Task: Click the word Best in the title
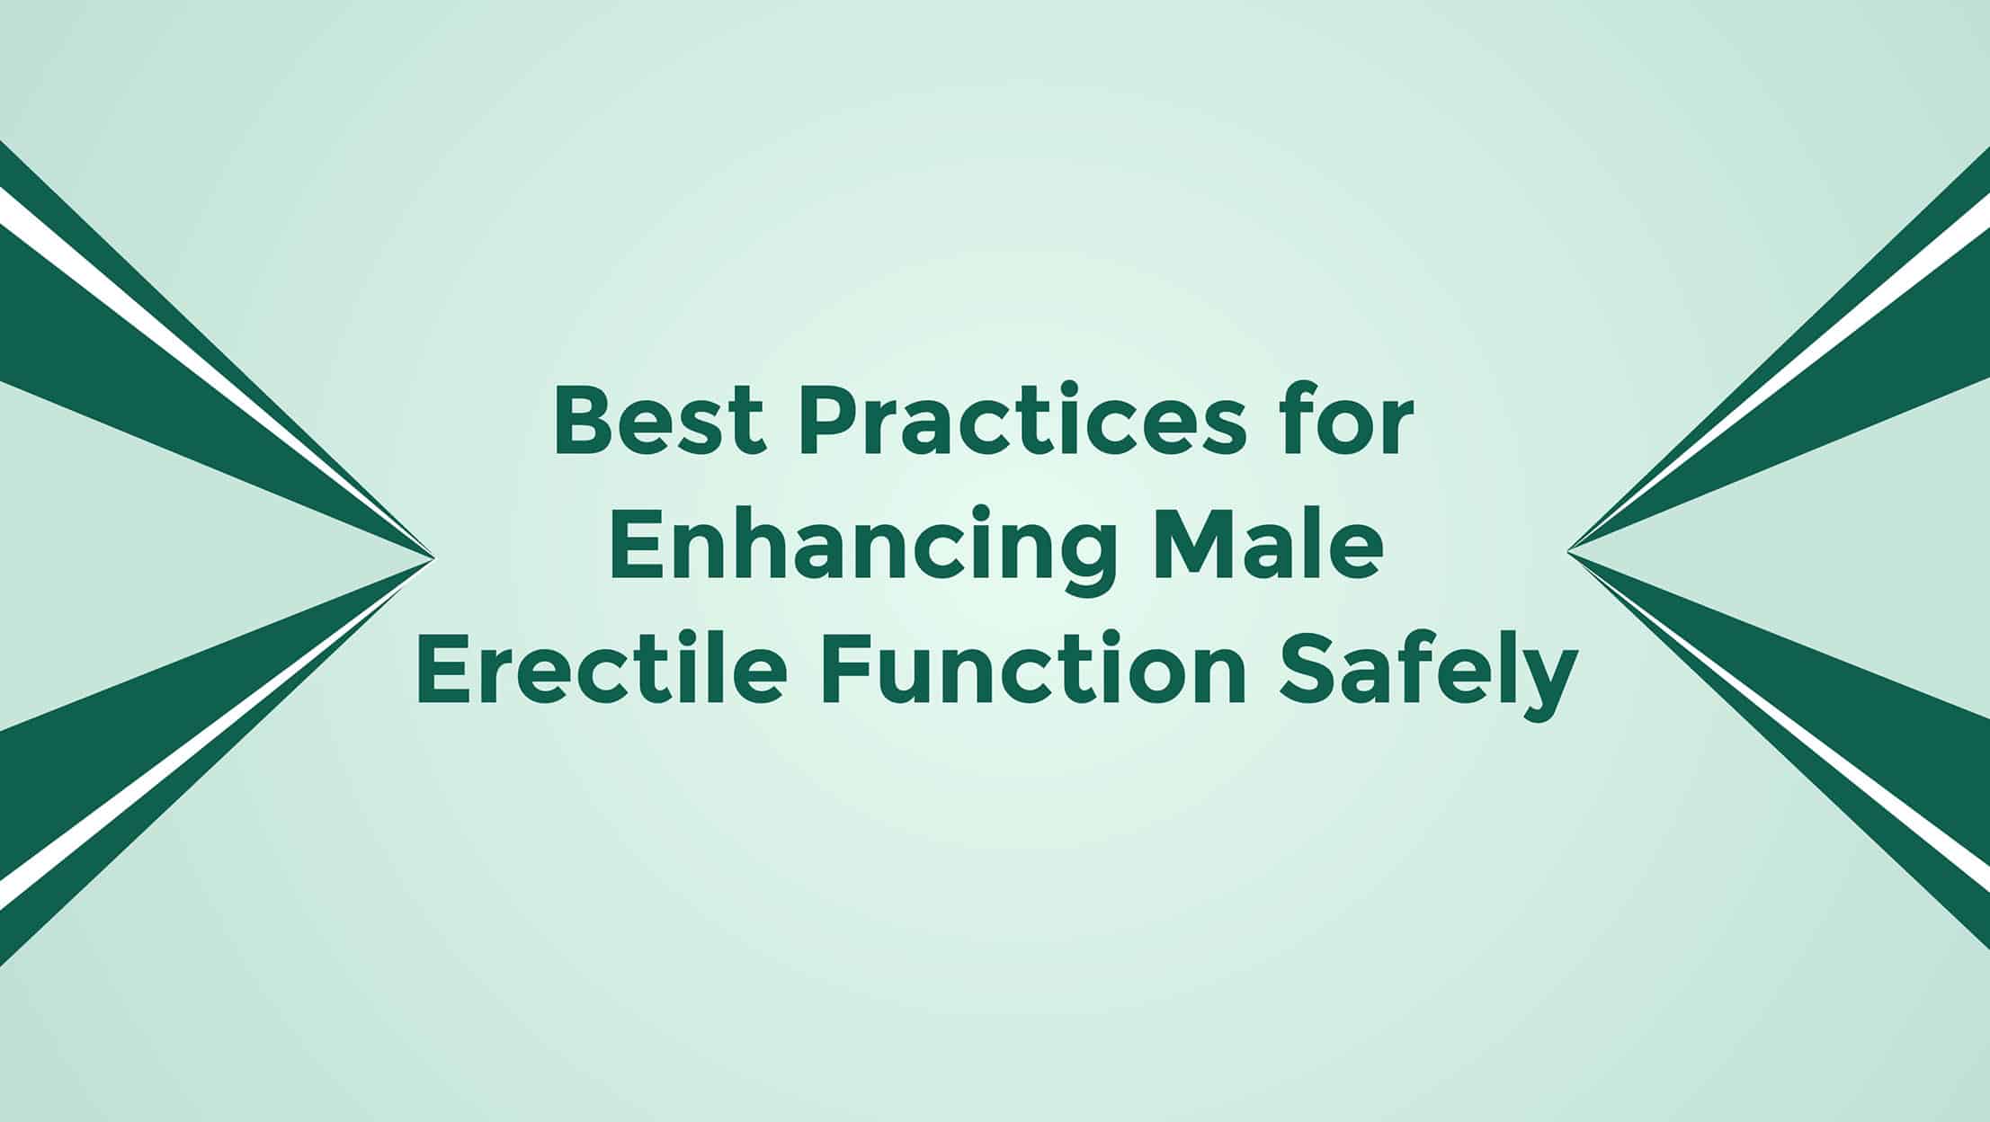[x=659, y=422]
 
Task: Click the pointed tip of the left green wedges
[x=434, y=558]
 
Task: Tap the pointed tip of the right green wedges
[x=1567, y=551]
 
